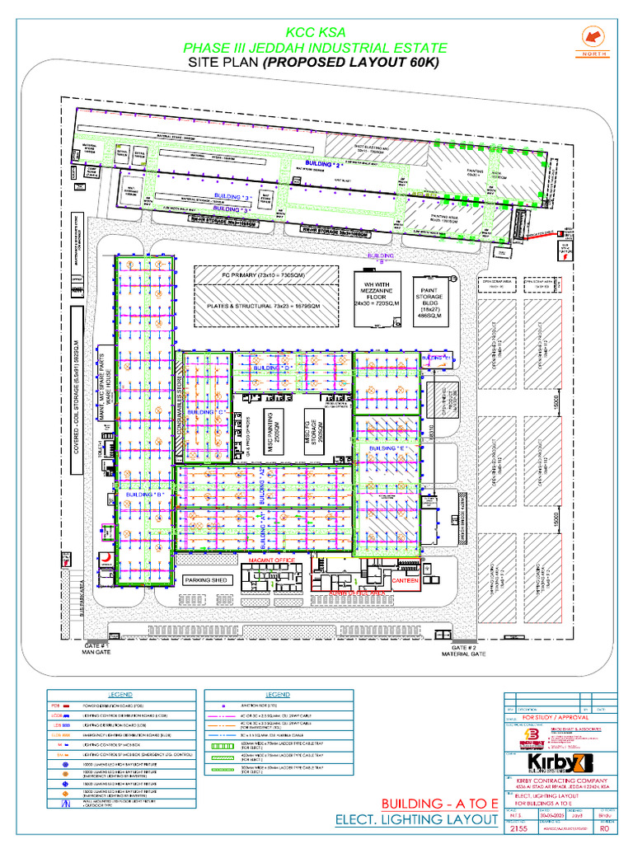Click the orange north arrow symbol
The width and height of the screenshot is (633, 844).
coord(591,37)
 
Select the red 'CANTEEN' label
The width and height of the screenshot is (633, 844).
coord(406,581)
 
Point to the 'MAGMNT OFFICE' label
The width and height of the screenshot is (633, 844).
coord(271,560)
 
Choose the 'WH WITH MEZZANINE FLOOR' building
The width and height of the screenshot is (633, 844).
coord(375,294)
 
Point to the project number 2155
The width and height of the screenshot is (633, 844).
coord(519,830)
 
